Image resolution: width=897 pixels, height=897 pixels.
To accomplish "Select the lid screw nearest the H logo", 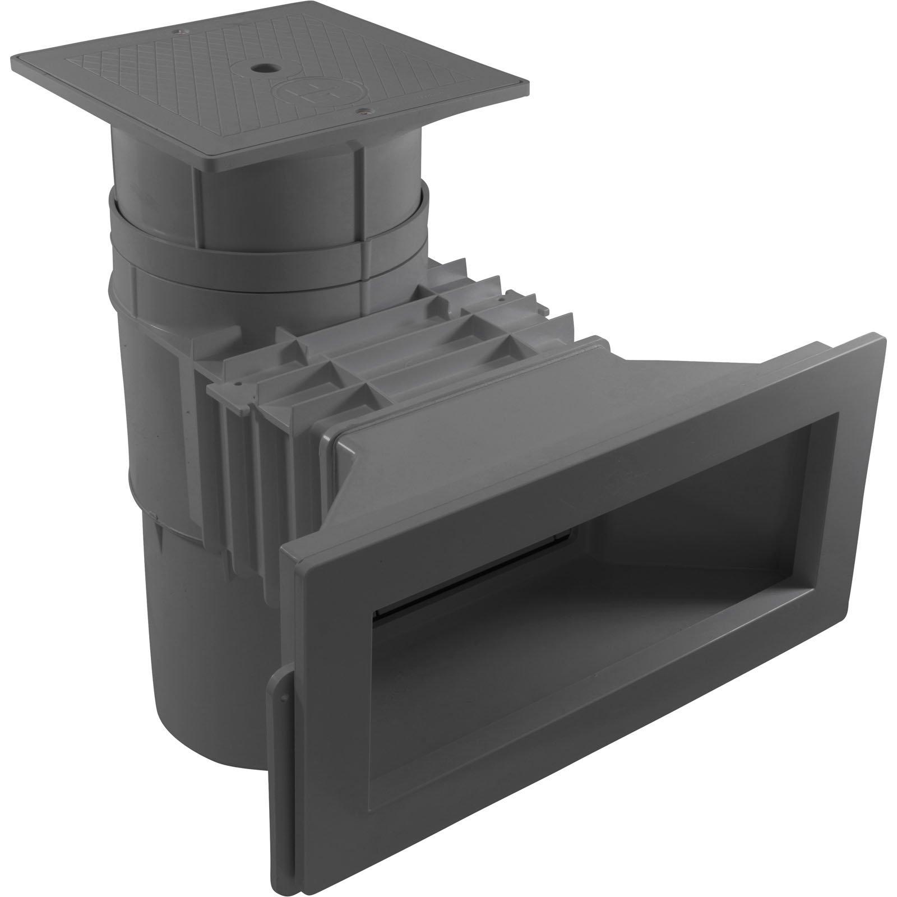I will point(362,112).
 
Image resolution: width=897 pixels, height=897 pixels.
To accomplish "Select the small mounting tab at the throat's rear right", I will point(543,309).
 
